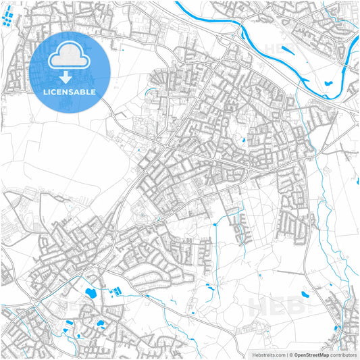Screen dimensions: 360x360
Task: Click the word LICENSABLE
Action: (x=70, y=91)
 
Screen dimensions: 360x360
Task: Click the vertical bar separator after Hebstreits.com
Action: (x=285, y=354)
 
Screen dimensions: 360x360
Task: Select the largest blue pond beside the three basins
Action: (x=90, y=292)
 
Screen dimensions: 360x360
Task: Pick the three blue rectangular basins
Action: (x=115, y=291)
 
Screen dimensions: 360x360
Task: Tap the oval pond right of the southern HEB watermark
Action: (x=305, y=294)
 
